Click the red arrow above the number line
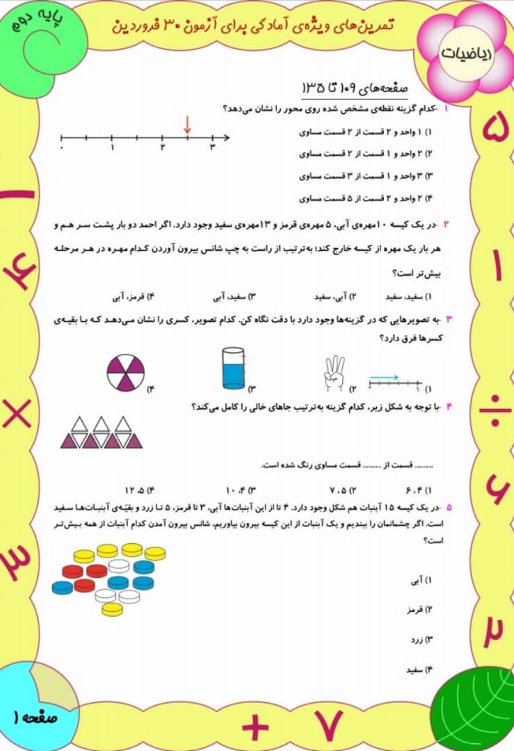coord(187,125)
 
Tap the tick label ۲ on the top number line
coord(162,147)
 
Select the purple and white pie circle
coord(127,372)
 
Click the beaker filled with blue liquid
coord(233,368)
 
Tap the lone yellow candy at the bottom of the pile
coord(112,609)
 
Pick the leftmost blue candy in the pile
coord(63,587)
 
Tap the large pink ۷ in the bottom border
coord(326,726)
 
